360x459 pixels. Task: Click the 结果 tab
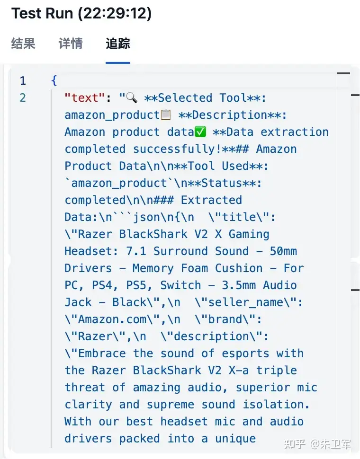click(23, 44)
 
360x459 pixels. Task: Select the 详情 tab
click(71, 44)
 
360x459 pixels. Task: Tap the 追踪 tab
click(118, 44)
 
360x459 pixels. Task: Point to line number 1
click(23, 81)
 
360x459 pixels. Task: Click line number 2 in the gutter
click(23, 98)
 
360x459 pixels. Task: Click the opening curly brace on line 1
click(54, 81)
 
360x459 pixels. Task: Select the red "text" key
click(84, 98)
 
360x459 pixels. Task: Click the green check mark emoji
click(200, 132)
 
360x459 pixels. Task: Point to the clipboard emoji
click(166, 115)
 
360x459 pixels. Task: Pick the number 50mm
click(283, 251)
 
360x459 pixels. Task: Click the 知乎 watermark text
click(293, 445)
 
